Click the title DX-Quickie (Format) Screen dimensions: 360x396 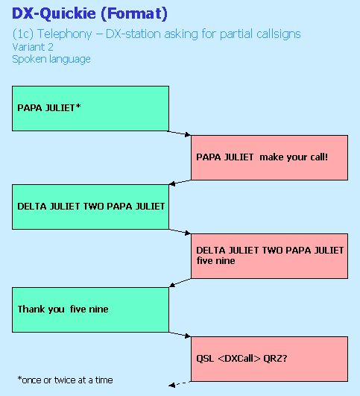[89, 13]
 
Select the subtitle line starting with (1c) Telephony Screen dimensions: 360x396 [157, 34]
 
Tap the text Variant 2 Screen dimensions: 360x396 [33, 47]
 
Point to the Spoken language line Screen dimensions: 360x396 [51, 60]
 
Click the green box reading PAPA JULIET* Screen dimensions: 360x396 [90, 108]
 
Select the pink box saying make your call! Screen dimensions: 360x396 [269, 157]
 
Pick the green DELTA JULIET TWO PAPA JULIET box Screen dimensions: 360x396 [90, 207]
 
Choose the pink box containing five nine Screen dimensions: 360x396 [269, 256]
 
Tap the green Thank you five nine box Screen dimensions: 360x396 [90, 309]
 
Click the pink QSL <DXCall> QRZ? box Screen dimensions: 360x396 [269, 359]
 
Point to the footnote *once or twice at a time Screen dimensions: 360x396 [65, 380]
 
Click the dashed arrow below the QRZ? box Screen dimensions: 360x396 [180, 384]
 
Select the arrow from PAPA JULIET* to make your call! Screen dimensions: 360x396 [179, 133]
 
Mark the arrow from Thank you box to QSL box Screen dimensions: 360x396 [179, 334]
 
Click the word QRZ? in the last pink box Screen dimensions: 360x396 [275, 358]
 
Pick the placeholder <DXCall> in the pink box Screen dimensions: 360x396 [239, 359]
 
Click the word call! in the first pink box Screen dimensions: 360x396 [319, 157]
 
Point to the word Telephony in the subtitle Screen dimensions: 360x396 [64, 34]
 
